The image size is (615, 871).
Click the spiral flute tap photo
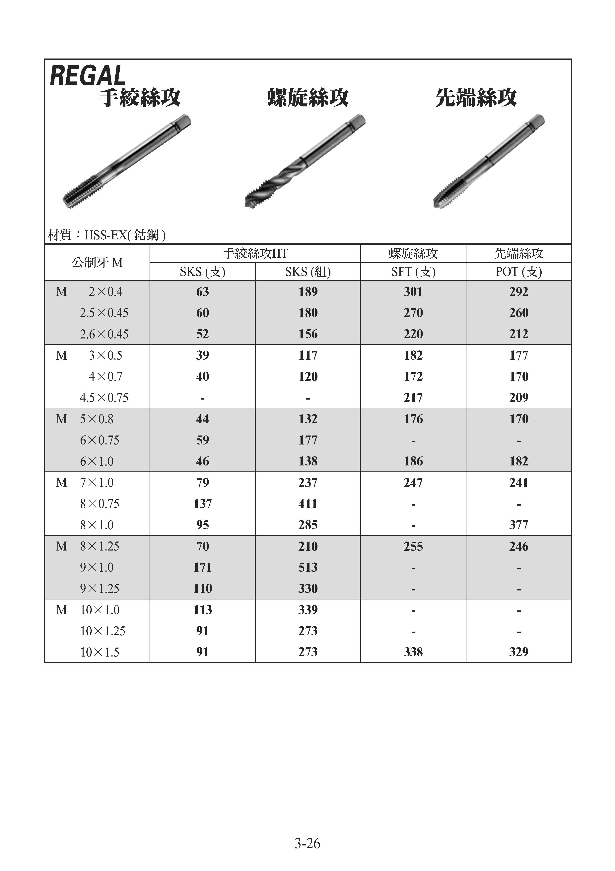point(305,161)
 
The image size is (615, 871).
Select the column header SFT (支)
point(413,272)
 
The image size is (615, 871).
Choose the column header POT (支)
point(518,272)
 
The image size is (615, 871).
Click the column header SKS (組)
point(308,272)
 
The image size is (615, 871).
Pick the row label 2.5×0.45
point(104,313)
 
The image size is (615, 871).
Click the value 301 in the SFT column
point(413,292)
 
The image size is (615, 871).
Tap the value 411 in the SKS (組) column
point(308,504)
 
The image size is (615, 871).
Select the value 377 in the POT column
point(518,525)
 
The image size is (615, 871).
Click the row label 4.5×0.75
point(104,398)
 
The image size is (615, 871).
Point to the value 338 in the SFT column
point(413,652)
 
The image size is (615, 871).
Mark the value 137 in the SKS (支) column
point(202,504)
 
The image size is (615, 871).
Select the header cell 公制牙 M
point(97,263)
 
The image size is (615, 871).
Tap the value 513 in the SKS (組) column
point(308,567)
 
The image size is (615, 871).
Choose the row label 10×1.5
point(100,652)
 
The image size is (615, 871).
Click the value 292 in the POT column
point(518,292)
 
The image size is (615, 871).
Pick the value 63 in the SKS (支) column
point(202,292)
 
